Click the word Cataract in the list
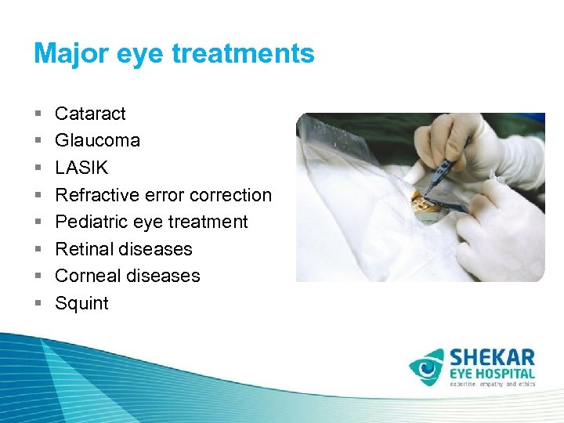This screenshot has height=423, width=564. (90, 114)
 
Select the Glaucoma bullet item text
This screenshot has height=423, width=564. (97, 141)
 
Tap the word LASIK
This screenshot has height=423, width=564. (81, 168)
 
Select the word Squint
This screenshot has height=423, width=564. (81, 303)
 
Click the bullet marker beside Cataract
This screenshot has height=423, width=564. (38, 114)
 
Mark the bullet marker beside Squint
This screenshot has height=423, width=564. (38, 304)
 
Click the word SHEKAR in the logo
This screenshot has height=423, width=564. (492, 359)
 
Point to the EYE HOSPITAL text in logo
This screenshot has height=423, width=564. (492, 374)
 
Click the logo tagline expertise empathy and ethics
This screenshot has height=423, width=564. (491, 385)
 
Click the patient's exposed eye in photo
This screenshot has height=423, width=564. (427, 206)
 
